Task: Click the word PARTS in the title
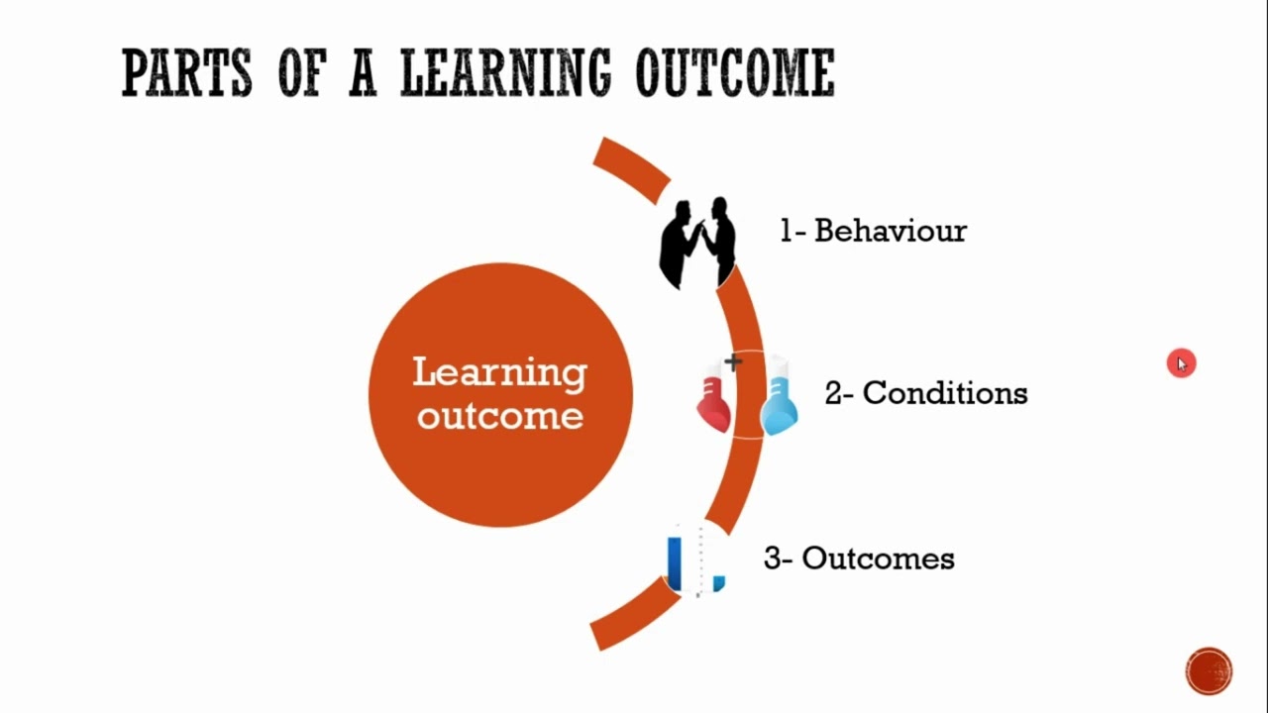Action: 186,72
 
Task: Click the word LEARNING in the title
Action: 505,72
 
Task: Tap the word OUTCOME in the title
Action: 735,72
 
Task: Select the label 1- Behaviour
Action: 873,231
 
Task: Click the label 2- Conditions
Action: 926,393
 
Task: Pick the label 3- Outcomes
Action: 859,559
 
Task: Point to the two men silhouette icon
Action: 697,243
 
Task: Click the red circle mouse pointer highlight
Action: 1181,363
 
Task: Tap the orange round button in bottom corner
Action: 1209,671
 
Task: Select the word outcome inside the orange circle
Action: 500,416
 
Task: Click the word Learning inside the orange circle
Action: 500,373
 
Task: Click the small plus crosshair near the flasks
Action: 732,361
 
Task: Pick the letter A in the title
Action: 363,72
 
